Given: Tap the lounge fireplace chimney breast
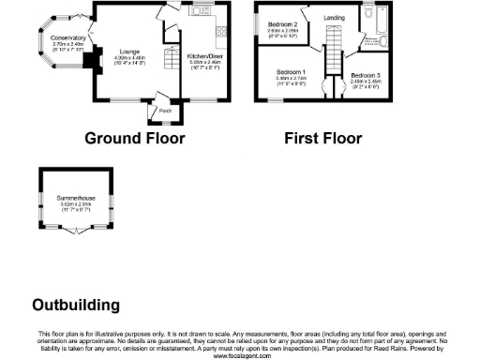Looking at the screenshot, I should pos(91,62).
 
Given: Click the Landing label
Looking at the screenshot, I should pos(334,18).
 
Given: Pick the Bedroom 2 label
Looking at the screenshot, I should pos(283,24).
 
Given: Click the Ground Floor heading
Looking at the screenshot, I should pos(135,138).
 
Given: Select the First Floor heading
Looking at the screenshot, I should pos(323,138).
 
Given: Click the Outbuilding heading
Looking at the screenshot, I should pos(76,305).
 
